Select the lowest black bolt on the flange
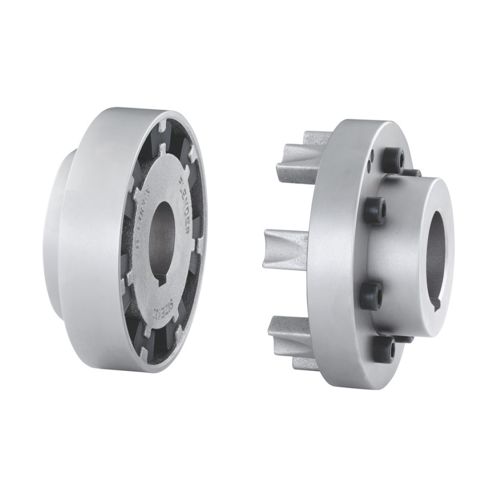click(384, 351)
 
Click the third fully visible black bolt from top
click(372, 295)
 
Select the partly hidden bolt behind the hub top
click(415, 173)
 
